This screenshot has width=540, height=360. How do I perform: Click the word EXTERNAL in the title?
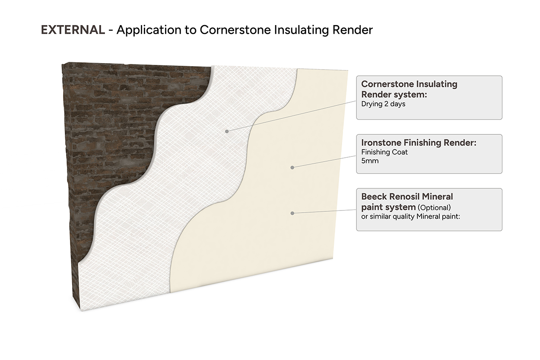pos(73,30)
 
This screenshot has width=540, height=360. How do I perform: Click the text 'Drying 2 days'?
pos(383,104)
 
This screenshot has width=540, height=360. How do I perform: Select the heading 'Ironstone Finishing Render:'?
pos(419,143)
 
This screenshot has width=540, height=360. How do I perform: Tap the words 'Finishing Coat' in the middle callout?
pos(384,152)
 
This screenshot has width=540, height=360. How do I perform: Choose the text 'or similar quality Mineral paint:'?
pos(410,216)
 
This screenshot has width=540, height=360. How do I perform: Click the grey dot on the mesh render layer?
pos(227,131)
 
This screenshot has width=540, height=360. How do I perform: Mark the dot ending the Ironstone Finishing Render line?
pos(292,167)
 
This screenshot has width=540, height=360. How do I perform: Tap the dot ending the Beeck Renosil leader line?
pos(292,213)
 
